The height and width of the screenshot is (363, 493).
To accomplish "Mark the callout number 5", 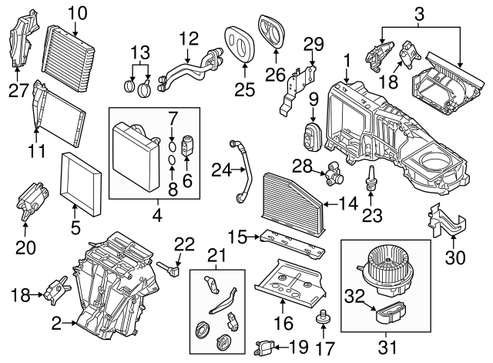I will point(75,228).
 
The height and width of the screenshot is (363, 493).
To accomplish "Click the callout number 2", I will point(56,326).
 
